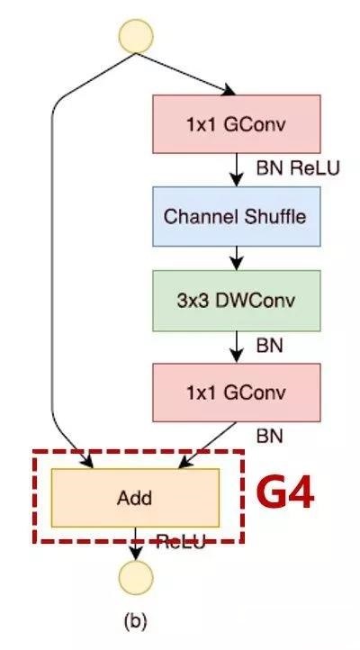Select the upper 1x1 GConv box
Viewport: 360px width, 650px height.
(x=236, y=124)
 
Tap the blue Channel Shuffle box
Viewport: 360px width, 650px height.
(x=236, y=217)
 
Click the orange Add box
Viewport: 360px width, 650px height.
(x=135, y=497)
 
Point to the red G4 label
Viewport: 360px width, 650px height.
(x=286, y=494)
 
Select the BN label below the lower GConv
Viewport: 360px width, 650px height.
(x=269, y=436)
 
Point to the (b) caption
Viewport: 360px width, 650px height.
(x=134, y=620)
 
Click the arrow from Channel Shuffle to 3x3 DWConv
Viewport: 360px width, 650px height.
(x=236, y=258)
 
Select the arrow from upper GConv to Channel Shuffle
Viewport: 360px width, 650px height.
(x=236, y=169)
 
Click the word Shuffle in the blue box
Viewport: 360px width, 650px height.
(x=274, y=217)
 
